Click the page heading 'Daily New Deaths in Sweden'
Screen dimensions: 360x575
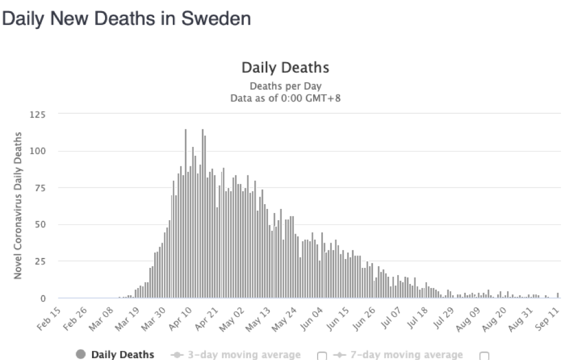127,19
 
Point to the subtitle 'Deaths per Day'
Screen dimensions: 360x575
285,86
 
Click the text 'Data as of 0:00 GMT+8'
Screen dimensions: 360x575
285,98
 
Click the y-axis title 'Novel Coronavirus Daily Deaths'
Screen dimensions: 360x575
19,206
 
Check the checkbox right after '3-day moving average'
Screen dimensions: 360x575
322,355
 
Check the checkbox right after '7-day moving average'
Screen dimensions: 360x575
485,355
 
